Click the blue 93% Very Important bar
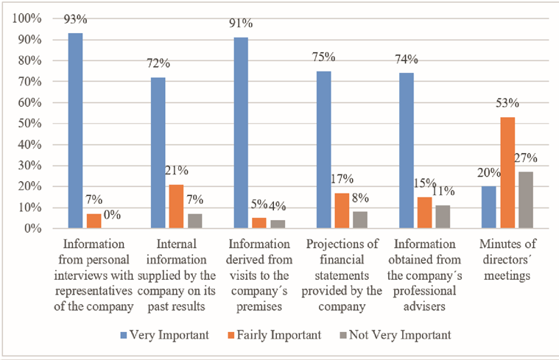click(75, 131)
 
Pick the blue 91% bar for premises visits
click(241, 133)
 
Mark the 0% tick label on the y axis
click(32, 229)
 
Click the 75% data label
click(324, 57)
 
